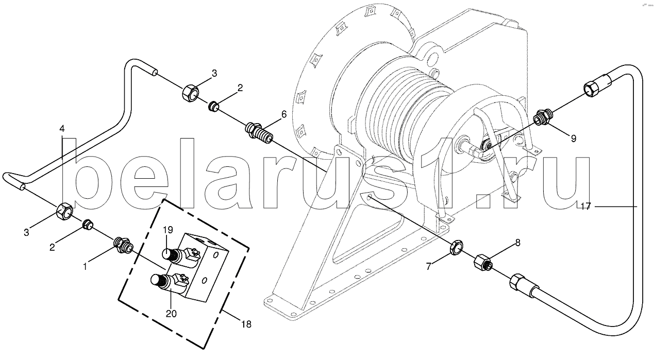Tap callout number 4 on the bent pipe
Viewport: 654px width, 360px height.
62,128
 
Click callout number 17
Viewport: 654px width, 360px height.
585,207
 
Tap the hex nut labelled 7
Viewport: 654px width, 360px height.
455,248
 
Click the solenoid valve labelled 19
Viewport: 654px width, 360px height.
174,254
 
